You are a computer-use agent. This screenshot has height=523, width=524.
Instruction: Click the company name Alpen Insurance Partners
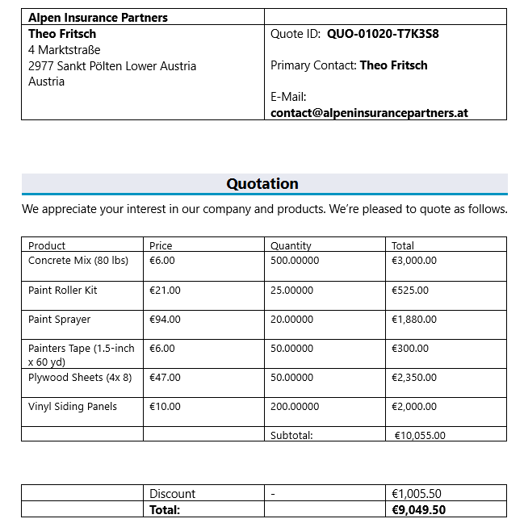pos(98,18)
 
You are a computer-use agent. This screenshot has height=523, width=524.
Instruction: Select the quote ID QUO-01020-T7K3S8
pos(383,34)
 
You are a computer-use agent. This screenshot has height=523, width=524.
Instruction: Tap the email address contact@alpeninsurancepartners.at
pos(369,113)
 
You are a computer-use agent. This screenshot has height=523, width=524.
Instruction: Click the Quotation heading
pos(262,184)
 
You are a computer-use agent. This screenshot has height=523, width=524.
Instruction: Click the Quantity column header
pos(291,245)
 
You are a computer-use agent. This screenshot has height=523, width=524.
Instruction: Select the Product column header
pos(47,245)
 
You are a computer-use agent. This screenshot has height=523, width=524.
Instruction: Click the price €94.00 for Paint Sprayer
pos(165,320)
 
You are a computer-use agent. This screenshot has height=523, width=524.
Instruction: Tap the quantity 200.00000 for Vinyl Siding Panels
pos(295,407)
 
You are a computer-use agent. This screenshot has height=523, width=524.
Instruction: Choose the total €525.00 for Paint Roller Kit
pos(410,291)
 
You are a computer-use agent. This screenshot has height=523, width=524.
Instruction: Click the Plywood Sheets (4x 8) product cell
pos(80,378)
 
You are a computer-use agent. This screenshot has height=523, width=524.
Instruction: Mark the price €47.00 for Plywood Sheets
pos(165,378)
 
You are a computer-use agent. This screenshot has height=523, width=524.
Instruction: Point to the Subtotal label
pos(291,435)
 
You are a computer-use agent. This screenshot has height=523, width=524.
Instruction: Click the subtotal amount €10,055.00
pos(420,435)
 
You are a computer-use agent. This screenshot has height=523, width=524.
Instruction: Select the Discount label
pos(172,493)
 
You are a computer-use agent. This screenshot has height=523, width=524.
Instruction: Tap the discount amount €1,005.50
pos(417,493)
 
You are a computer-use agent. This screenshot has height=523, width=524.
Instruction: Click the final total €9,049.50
pos(418,509)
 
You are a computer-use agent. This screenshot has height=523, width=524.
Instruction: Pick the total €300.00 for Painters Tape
pos(410,349)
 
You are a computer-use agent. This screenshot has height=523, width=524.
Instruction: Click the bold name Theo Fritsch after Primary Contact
pos(393,65)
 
